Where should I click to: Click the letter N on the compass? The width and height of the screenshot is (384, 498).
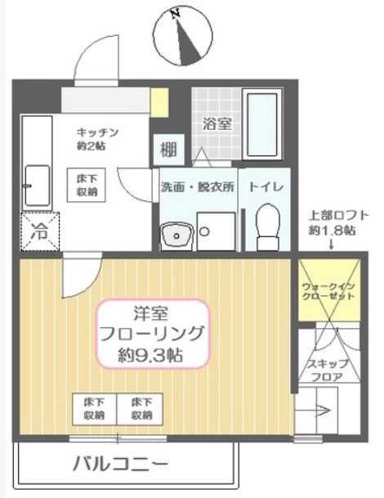click(x=175, y=13)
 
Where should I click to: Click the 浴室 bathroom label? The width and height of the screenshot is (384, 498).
click(x=217, y=123)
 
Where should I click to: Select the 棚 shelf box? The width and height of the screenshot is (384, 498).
click(x=169, y=150)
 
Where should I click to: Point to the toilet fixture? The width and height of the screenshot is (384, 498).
click(x=268, y=227)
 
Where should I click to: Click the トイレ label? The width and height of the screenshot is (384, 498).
click(x=266, y=186)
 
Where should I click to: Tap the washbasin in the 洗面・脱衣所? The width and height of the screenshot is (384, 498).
click(x=176, y=236)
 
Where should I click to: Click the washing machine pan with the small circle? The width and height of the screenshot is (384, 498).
click(x=217, y=231)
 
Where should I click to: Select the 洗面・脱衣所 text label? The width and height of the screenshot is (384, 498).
click(x=198, y=187)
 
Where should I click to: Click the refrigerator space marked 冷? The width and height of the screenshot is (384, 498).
click(x=41, y=231)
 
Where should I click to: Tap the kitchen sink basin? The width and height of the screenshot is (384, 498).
click(x=38, y=186)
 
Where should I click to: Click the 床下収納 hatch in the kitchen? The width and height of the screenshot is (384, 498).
click(x=86, y=185)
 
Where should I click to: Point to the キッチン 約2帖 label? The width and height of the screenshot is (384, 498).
click(x=97, y=139)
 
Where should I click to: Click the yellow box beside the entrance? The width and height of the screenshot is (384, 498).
click(x=159, y=102)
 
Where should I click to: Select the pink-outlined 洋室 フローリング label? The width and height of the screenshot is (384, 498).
click(x=154, y=334)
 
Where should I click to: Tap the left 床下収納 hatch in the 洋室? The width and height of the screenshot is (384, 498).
click(x=95, y=409)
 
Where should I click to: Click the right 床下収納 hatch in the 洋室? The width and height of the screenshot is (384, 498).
click(x=140, y=409)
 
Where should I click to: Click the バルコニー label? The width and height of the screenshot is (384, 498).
click(x=121, y=464)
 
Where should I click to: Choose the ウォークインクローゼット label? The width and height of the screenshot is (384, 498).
click(x=328, y=291)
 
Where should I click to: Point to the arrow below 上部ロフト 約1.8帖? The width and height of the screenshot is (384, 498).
click(x=332, y=244)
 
